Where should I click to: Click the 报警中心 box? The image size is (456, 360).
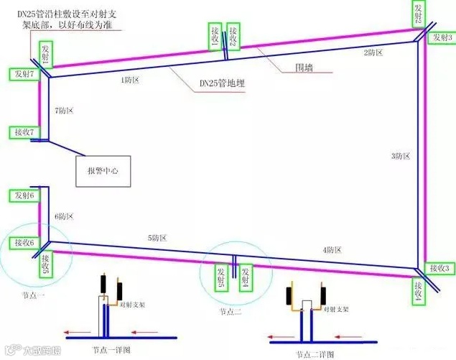point(101,172)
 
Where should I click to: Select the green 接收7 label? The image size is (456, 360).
point(22,132)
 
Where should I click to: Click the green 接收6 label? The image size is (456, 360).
point(22,243)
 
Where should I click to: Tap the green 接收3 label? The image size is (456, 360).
point(439,268)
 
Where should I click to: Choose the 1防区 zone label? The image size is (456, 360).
point(130,80)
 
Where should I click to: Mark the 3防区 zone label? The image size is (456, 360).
point(401,156)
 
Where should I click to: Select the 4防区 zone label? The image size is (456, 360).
point(331,249)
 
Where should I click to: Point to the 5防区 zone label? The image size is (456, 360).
point(158,237)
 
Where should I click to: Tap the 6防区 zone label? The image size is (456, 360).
point(64,216)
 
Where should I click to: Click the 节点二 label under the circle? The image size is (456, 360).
point(233,312)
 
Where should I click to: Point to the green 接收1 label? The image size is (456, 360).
point(215,36)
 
